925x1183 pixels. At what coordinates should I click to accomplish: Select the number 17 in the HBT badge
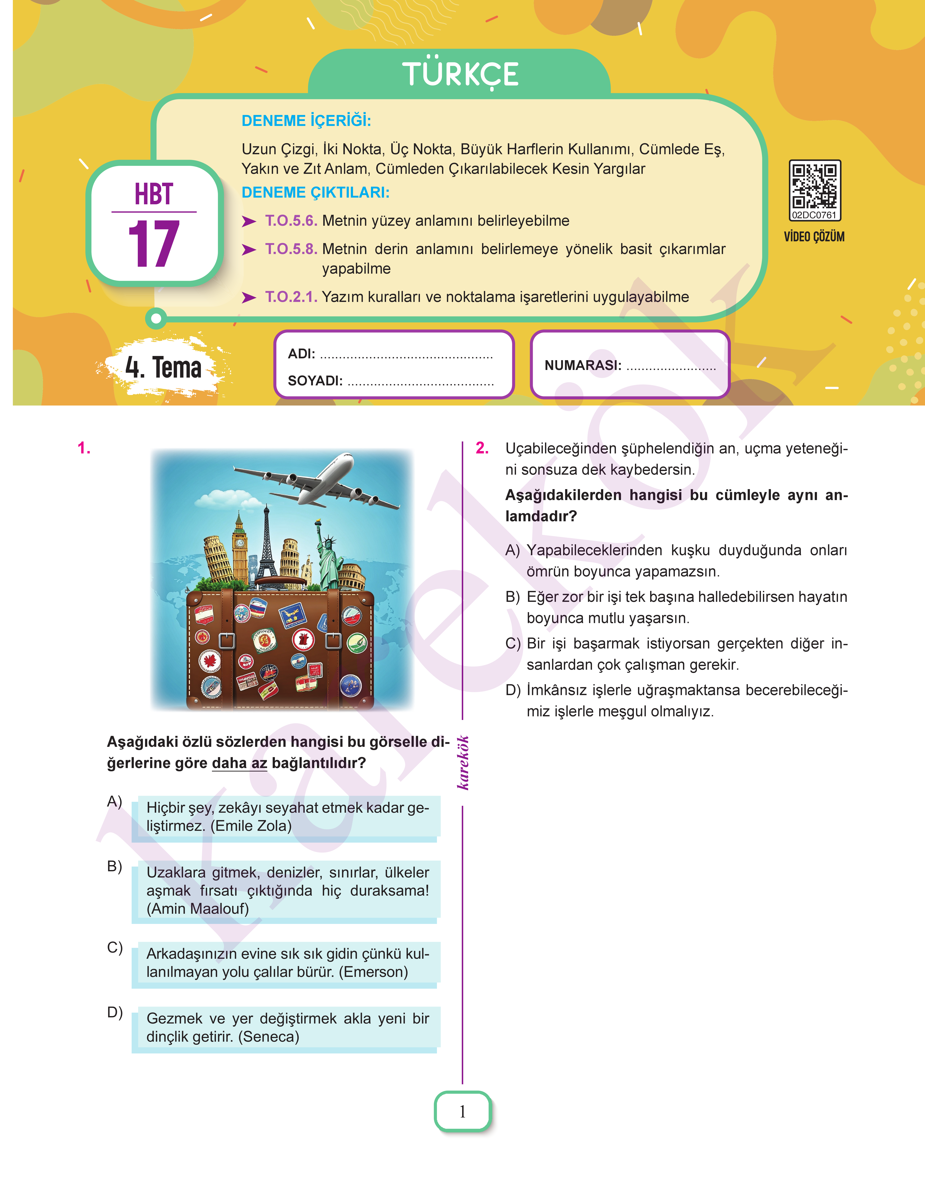(154, 244)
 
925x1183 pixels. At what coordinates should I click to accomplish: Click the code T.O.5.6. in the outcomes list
(291, 221)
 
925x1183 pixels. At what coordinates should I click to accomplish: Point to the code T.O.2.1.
(291, 297)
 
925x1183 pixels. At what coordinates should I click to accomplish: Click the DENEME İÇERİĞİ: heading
(306, 120)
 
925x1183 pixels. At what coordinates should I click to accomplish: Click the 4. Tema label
(164, 367)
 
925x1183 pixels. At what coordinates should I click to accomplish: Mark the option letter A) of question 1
(114, 801)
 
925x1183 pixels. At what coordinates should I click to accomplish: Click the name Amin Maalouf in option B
(198, 909)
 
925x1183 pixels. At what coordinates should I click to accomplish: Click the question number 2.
(482, 448)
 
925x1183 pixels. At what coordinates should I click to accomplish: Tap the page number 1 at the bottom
(462, 1112)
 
